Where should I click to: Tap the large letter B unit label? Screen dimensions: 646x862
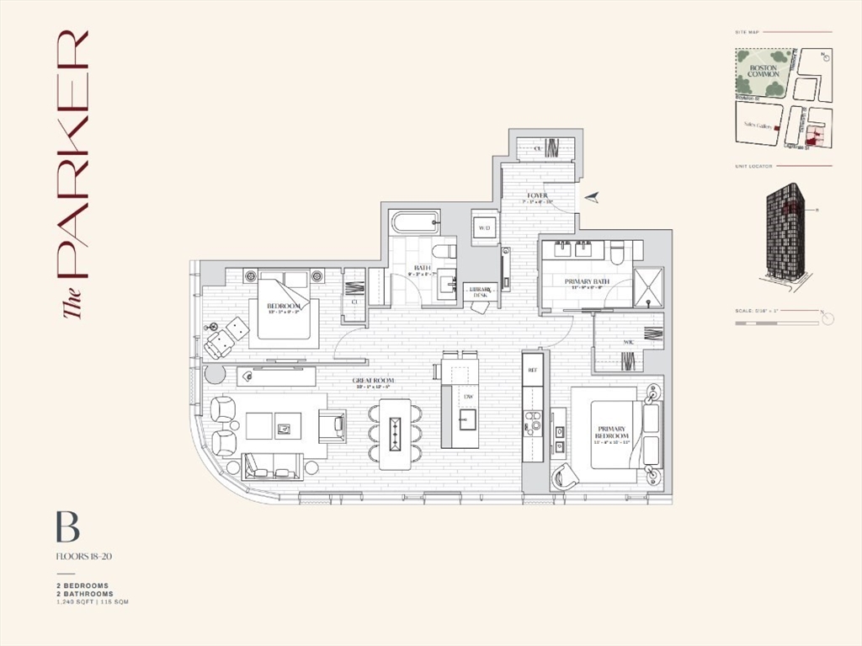[x=67, y=527]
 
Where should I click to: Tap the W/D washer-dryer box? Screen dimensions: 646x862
[x=484, y=228]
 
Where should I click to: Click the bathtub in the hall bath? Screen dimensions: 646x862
[x=414, y=224]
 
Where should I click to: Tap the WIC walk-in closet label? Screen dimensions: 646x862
[x=628, y=343]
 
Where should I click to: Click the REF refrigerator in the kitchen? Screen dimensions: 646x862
[x=532, y=370]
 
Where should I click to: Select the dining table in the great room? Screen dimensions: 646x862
[x=395, y=434]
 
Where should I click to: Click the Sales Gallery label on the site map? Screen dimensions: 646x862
[x=758, y=125]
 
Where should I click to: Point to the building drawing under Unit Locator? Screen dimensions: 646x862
[x=785, y=232]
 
